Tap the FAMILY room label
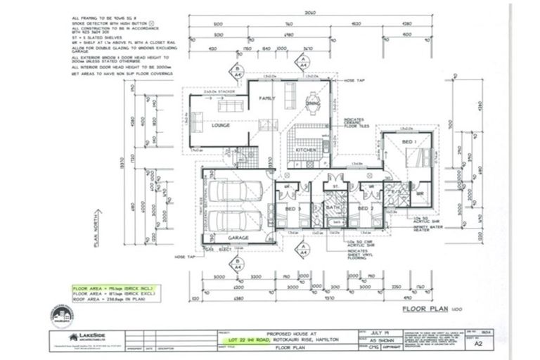coord(266,98)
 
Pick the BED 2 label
coord(363,208)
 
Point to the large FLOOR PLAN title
coord(429,309)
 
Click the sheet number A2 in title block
coord(479,345)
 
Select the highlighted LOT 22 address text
coord(279,340)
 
